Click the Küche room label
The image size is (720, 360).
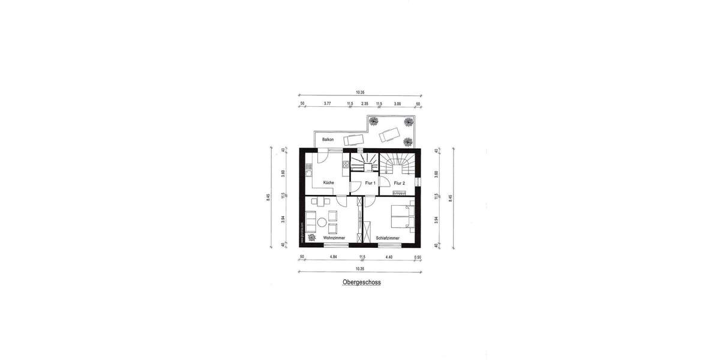pyautogui.click(x=328, y=182)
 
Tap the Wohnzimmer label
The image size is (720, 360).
pyautogui.click(x=334, y=238)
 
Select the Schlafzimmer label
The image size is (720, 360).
pyautogui.click(x=388, y=238)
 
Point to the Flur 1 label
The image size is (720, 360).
pyautogui.click(x=370, y=183)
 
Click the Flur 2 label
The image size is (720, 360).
pyautogui.click(x=400, y=183)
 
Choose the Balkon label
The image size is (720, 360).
pyautogui.click(x=328, y=139)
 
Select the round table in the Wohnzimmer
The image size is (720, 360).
pyautogui.click(x=322, y=223)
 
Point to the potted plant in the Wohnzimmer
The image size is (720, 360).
pyautogui.click(x=312, y=238)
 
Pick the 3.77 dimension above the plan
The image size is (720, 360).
pyautogui.click(x=328, y=104)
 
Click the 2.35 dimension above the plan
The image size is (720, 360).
pyautogui.click(x=364, y=104)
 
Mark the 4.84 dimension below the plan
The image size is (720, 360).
pyautogui.click(x=334, y=258)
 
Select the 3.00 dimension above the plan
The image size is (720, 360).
pyautogui.click(x=397, y=104)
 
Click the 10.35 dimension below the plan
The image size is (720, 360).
pyautogui.click(x=360, y=268)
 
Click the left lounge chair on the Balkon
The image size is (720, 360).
pyautogui.click(x=352, y=140)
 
